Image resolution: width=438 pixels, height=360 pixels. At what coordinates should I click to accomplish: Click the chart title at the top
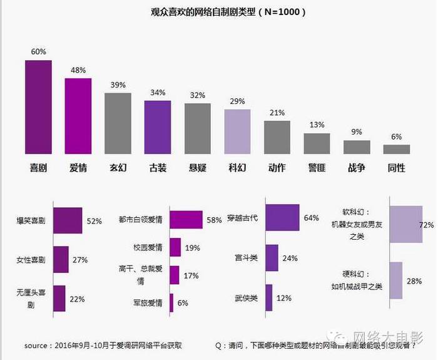[x=219, y=12]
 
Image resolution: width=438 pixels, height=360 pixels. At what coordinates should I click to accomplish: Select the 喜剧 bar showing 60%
[x=38, y=107]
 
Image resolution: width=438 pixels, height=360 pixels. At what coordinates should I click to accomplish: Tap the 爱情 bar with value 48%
[x=78, y=116]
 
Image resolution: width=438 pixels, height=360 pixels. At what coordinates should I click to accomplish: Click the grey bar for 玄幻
[x=118, y=123]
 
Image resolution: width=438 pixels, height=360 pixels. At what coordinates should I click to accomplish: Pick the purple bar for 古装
[x=158, y=127]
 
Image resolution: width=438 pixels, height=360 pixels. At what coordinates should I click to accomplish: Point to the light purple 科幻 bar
[x=237, y=131]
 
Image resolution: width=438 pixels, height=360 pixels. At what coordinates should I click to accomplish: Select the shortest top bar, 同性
[x=397, y=149]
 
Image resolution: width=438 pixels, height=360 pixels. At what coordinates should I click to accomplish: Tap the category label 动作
[x=277, y=168]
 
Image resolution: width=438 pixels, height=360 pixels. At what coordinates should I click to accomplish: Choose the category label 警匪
[x=317, y=168]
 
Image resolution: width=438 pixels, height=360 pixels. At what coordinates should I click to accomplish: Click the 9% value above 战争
[x=357, y=132]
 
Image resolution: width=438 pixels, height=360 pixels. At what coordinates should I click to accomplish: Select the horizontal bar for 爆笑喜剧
[x=68, y=220]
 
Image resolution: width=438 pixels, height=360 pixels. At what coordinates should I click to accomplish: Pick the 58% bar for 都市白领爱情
[x=186, y=220]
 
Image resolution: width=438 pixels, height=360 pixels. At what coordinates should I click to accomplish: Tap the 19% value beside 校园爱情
[x=192, y=247]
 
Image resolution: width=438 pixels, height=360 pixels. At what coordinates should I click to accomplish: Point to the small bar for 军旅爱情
[x=171, y=303]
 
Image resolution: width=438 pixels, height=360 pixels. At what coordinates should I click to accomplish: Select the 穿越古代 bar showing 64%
[x=282, y=219]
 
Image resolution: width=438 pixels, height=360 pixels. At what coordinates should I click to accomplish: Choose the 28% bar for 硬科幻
[x=395, y=281]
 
